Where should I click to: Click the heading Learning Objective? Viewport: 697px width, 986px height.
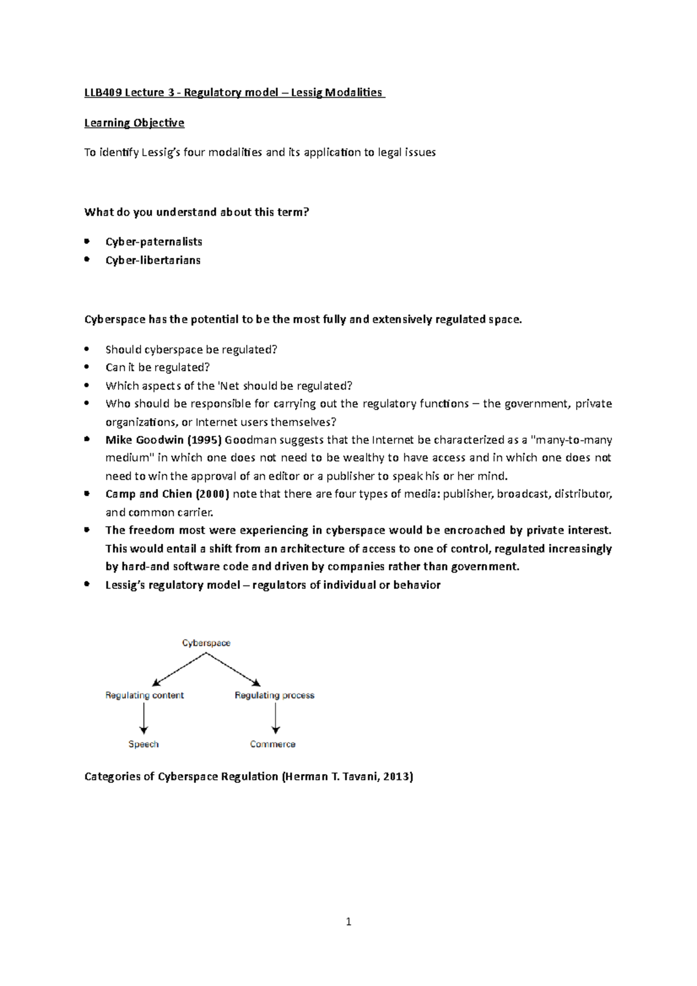(x=134, y=123)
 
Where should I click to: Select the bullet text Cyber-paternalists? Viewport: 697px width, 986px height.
(x=153, y=242)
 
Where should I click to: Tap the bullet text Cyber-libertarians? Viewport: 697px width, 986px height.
(x=153, y=260)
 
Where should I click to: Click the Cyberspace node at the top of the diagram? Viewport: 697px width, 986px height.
(x=206, y=643)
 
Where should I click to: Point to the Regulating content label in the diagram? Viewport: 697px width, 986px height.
(x=145, y=695)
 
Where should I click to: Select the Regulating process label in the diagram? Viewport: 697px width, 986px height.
(x=274, y=695)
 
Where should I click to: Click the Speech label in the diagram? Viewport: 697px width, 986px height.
(x=143, y=744)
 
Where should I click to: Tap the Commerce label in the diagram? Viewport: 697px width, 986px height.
(x=272, y=744)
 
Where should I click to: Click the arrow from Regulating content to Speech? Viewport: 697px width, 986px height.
(x=143, y=720)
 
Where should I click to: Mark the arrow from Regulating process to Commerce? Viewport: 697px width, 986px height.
(x=276, y=720)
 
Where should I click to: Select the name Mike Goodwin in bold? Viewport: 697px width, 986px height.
(x=145, y=440)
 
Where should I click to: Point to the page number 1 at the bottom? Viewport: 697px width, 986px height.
(x=348, y=921)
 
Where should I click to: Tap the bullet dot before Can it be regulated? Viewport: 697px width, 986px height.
(x=87, y=367)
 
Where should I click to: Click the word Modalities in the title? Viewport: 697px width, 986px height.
(x=353, y=92)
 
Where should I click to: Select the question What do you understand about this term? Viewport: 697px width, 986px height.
(x=197, y=212)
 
